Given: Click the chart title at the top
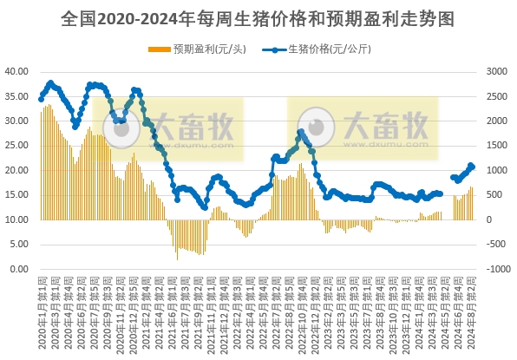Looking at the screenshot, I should tap(258, 17).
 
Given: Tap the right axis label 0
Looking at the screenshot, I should tap(492, 219).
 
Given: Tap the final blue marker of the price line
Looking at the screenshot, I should tap(472, 166).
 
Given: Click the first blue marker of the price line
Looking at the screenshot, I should tap(41, 99).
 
